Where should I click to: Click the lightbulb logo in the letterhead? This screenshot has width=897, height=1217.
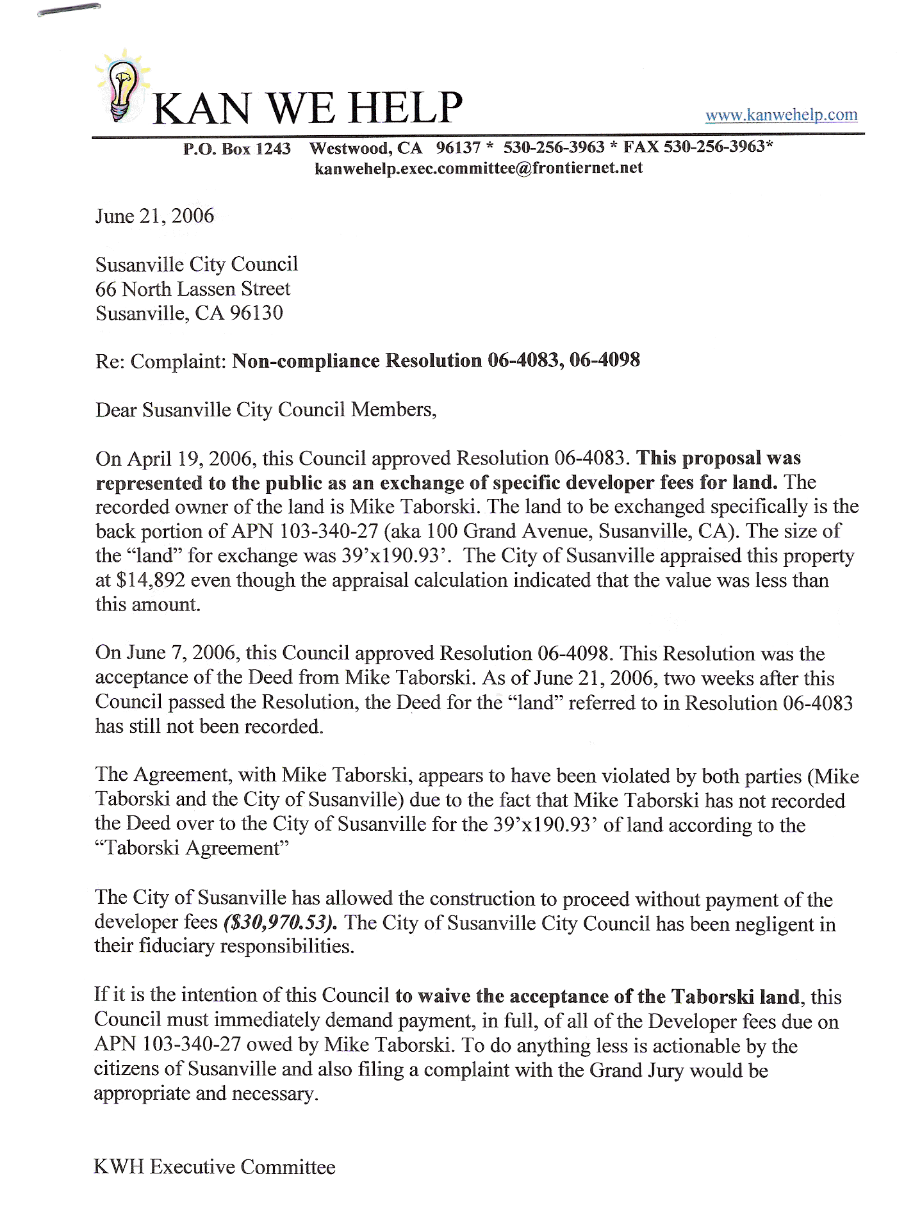[x=122, y=87]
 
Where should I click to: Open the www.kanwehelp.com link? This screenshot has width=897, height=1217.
[x=781, y=115]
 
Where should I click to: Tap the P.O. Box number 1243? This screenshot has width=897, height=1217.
[x=273, y=149]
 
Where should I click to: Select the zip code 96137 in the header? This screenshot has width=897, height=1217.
[x=458, y=148]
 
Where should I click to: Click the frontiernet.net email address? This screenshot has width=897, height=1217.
[x=479, y=168]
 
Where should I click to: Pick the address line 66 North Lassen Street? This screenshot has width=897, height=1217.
[x=193, y=289]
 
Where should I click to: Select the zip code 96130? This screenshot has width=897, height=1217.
[x=256, y=313]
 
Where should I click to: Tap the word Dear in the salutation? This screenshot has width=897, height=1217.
[x=117, y=410]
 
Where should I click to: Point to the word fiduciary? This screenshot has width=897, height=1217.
[x=176, y=947]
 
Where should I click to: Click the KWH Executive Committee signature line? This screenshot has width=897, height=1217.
[x=215, y=1167]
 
